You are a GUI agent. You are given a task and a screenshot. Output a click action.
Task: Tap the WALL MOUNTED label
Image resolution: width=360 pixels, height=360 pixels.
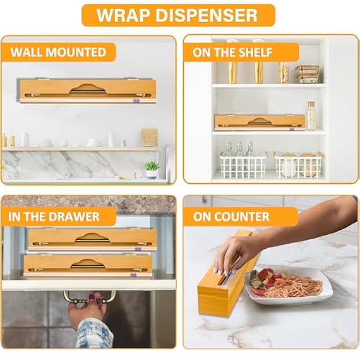(58, 53)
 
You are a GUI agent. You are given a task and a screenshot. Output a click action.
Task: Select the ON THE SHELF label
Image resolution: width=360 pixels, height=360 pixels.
(233, 53)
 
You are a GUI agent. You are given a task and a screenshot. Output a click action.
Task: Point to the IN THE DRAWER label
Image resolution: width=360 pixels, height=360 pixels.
(54, 216)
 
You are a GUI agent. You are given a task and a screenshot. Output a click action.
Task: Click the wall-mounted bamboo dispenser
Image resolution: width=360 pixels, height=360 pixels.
(87, 90)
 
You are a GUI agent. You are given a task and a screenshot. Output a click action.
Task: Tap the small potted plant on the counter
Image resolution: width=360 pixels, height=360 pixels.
(152, 168)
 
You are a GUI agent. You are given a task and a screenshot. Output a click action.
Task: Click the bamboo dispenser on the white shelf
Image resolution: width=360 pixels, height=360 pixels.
(259, 122)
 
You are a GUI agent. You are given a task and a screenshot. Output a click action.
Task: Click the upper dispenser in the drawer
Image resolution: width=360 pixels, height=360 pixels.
(92, 238)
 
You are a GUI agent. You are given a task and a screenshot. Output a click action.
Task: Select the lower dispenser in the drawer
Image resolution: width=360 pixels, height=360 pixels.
(89, 265)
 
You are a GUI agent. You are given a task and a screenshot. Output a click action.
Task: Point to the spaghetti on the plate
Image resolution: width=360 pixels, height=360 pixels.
(294, 285)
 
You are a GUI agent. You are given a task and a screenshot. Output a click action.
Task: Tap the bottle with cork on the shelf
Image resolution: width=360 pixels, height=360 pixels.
(311, 116)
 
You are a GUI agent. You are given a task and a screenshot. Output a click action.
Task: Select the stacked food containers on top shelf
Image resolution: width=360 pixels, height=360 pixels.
(306, 74)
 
